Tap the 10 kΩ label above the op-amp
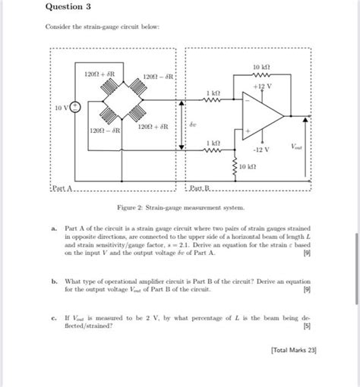tap(264, 68)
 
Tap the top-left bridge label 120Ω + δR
tap(99, 74)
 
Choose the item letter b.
tap(55, 281)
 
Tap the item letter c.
tap(55, 319)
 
